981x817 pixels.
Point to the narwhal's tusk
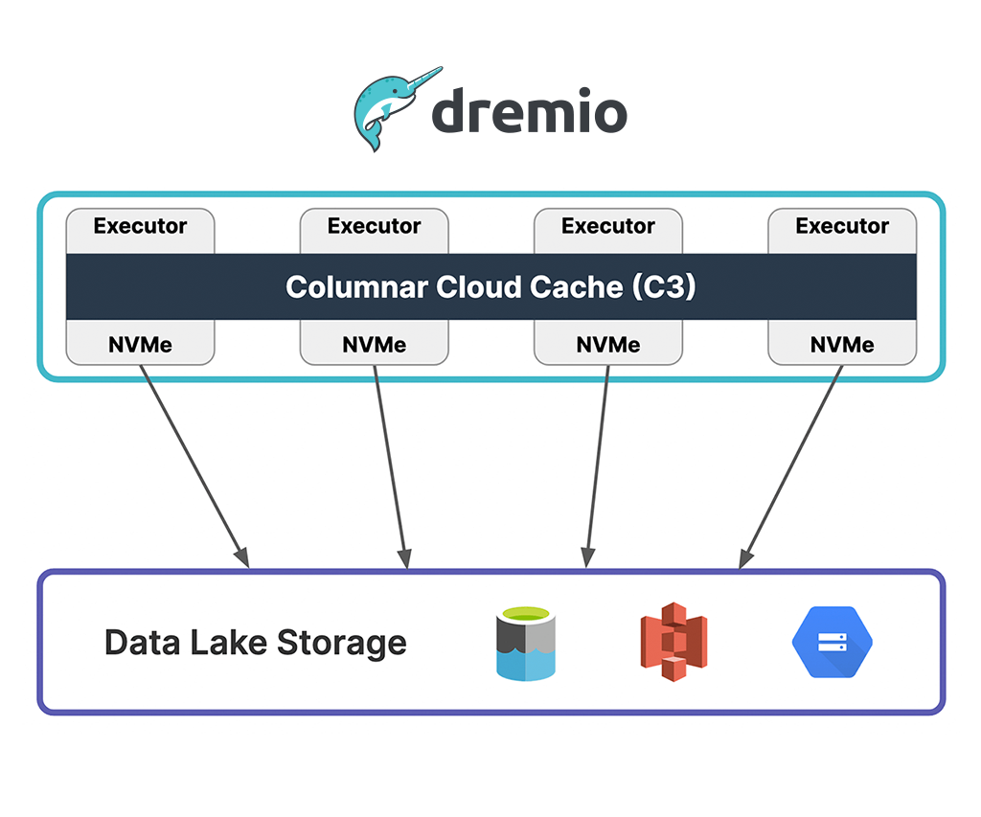[422, 79]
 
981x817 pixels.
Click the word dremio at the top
[529, 113]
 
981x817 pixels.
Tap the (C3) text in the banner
[664, 286]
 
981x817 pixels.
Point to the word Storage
[342, 643]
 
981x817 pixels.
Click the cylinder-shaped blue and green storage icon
[526, 643]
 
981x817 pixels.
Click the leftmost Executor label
[140, 227]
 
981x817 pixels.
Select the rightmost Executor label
[842, 227]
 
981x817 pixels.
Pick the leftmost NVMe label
[140, 345]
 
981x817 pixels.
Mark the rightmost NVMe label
[842, 345]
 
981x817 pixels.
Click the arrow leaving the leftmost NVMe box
[194, 465]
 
